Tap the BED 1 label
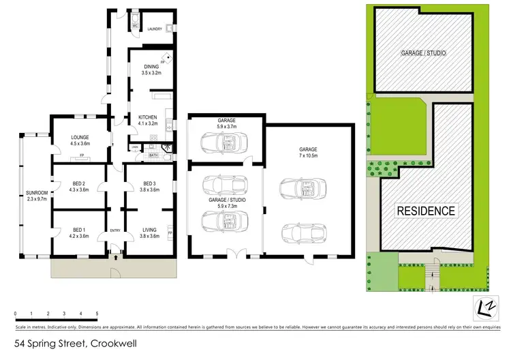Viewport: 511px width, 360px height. [80, 230]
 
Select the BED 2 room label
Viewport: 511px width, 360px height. [80, 183]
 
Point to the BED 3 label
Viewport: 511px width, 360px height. [151, 183]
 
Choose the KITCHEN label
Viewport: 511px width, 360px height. [148, 117]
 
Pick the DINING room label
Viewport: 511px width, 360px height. [149, 65]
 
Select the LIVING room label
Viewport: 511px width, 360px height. [150, 230]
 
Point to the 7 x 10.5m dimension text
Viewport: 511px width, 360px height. [309, 155]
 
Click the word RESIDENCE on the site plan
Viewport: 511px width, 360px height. [427, 211]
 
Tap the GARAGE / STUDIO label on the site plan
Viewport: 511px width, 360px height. [423, 52]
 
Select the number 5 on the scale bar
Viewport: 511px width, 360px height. [97, 314]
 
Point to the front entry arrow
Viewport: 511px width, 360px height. [116, 258]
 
